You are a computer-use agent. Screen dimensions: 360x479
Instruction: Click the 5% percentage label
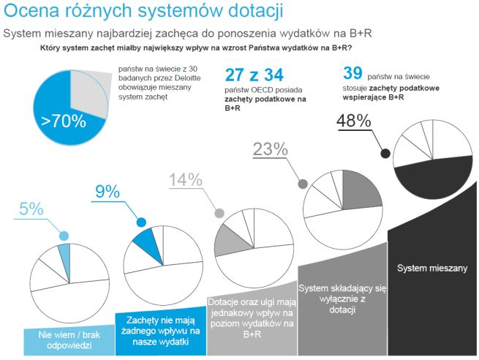[30, 209]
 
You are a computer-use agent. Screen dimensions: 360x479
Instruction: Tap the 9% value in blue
[107, 192]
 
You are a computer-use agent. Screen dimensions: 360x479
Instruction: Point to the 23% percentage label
[268, 149]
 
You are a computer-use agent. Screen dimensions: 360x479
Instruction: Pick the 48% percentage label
[354, 121]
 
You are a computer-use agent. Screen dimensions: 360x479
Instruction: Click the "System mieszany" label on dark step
[432, 268]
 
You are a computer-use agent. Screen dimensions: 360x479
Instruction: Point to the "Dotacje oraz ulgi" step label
[251, 318]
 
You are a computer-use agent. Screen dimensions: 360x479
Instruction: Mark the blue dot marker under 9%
[141, 222]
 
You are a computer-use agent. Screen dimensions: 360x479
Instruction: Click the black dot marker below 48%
[384, 152]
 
